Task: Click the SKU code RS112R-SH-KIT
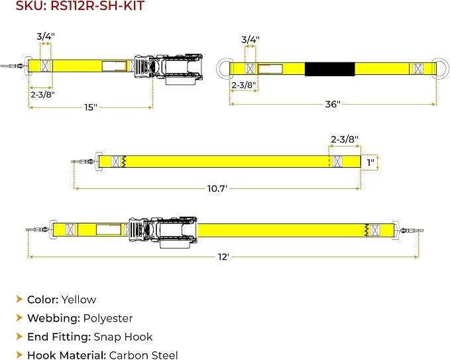97,6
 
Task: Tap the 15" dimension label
91,107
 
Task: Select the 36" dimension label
333,104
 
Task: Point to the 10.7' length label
217,188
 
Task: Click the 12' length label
223,257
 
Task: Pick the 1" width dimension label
370,162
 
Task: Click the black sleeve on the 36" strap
330,69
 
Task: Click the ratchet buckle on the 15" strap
168,69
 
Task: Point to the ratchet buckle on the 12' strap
163,232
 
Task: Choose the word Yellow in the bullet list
79,300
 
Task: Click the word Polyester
108,318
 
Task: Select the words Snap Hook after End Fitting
123,337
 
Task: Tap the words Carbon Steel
144,355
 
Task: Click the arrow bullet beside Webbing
19,318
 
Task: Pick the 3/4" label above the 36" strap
251,40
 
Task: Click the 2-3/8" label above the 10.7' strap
345,139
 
